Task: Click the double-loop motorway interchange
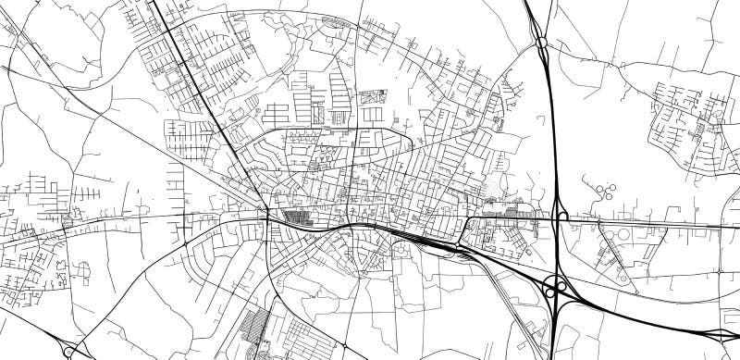(x=556, y=289)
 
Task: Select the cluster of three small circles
(x=608, y=192)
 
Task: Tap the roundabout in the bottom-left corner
(x=70, y=352)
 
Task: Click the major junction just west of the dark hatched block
(x=267, y=216)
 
